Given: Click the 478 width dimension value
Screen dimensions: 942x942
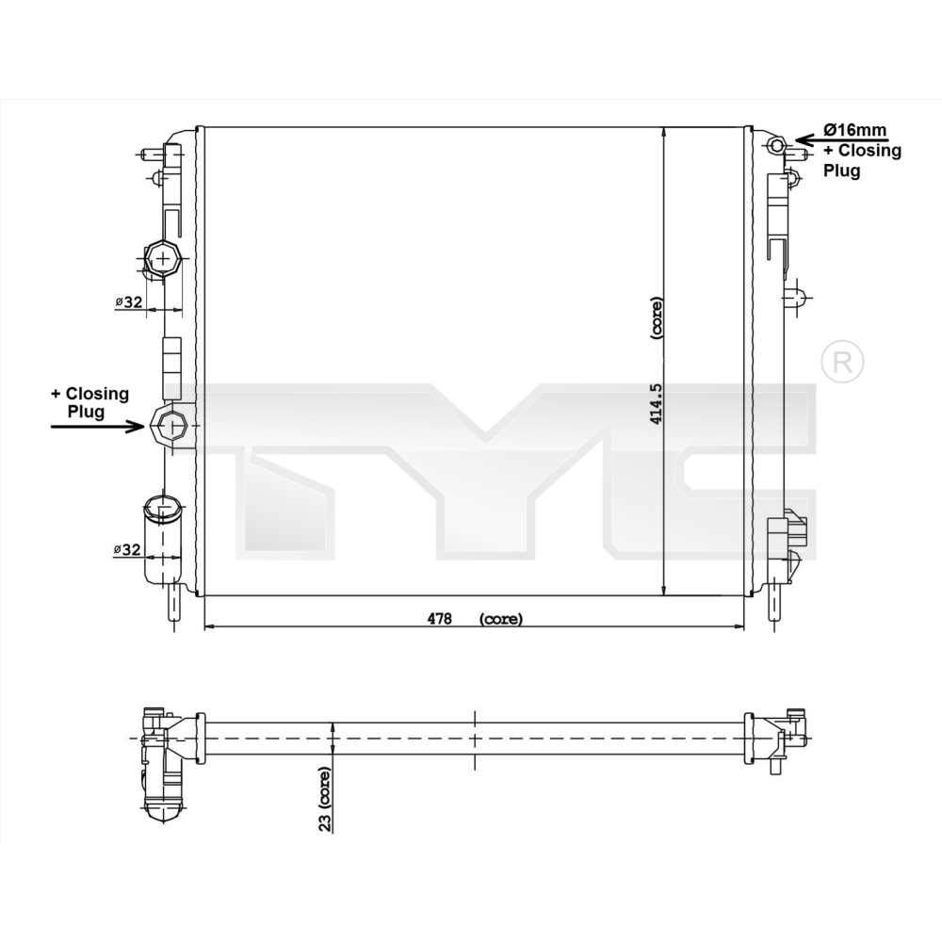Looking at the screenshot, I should click(440, 619).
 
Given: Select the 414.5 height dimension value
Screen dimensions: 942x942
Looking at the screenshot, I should click(657, 399).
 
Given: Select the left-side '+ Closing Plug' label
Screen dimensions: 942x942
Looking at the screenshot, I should click(89, 402).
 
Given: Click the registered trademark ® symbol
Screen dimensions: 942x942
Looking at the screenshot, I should click(842, 361).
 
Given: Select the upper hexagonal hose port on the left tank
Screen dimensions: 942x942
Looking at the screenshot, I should click(163, 257).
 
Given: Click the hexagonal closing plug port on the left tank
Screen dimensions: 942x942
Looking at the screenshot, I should click(171, 426).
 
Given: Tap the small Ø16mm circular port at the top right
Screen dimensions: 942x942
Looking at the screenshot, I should click(776, 144).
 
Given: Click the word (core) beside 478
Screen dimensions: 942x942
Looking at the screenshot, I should click(500, 619).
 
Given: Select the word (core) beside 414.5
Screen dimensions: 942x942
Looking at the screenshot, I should click(657, 318).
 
